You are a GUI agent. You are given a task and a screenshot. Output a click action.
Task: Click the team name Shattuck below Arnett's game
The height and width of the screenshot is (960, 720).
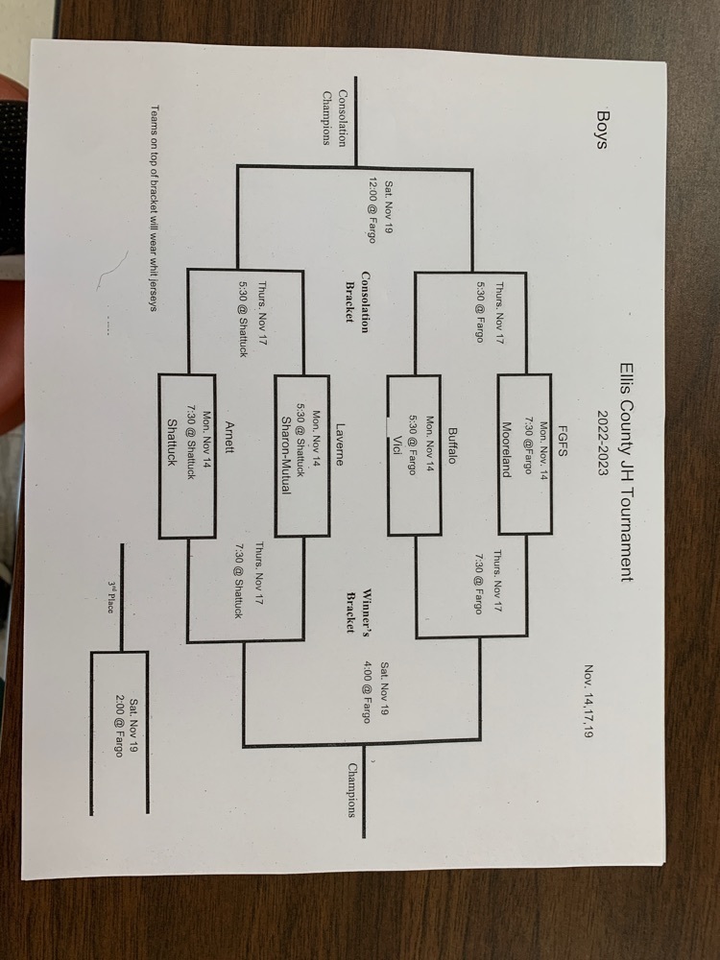click(x=172, y=446)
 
